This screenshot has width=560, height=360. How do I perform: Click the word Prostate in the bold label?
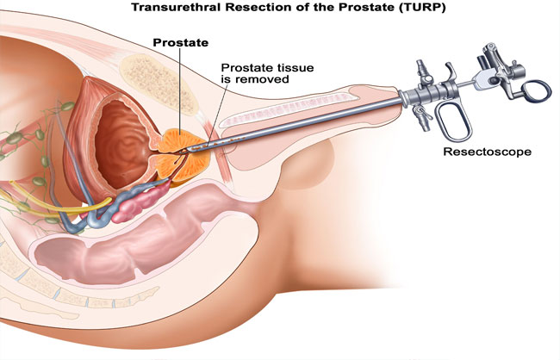pos(180,42)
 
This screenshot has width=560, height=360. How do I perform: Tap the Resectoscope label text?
pos(487,152)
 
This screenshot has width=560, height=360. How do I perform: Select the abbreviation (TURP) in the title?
pos(423,7)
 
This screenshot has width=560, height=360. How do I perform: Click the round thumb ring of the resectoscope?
pos(535,91)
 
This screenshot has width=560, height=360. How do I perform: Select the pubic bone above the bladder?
pos(158,84)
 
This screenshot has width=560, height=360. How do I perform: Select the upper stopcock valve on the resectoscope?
pos(422,72)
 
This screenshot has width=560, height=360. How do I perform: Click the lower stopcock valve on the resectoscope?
pos(422,117)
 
